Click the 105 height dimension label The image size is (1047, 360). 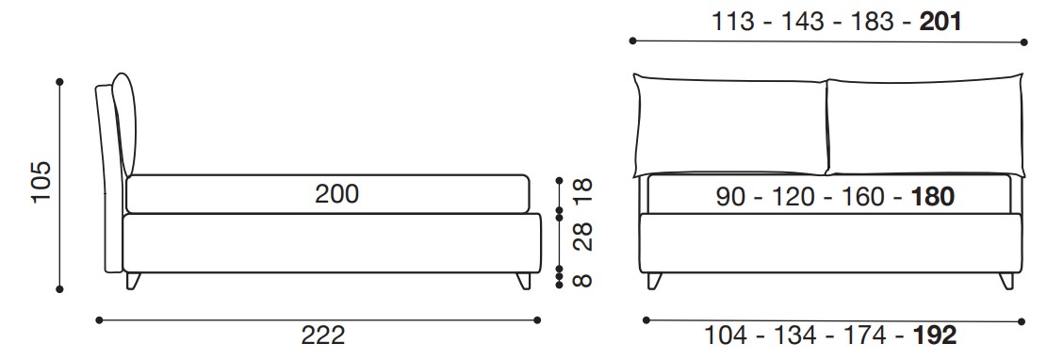tap(41, 182)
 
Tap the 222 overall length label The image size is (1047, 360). tap(323, 335)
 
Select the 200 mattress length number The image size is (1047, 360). tap(337, 194)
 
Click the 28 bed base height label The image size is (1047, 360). tap(583, 237)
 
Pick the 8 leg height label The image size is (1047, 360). tap(583, 279)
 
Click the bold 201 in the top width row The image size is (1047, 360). tap(941, 22)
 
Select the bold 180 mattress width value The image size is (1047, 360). tap(932, 196)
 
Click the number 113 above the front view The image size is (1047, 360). tap(733, 22)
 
